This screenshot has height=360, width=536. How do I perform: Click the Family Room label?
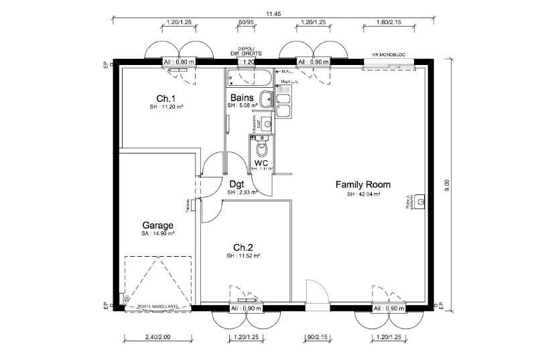pos(362,184)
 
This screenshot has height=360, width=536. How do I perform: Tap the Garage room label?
pos(157,225)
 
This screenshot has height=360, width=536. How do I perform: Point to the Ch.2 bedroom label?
pos(243,246)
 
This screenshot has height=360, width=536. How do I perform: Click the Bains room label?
pos(242,97)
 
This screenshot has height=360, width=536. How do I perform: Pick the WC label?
pos(261,162)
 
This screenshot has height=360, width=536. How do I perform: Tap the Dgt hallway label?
pos(236,183)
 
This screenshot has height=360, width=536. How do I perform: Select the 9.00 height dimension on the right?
pos(448,185)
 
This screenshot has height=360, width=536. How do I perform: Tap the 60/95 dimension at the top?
pos(246,22)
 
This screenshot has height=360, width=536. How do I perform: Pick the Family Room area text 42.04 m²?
pos(362,194)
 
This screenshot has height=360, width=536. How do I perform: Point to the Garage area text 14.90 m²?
pos(157,234)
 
